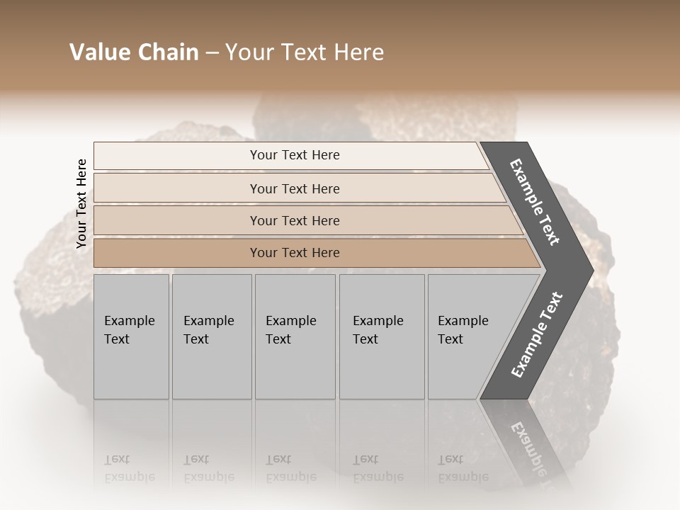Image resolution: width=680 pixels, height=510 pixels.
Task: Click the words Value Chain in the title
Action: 134,52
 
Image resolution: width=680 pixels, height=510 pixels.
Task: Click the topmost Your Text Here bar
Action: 294,155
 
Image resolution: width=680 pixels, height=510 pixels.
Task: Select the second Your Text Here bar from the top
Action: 294,188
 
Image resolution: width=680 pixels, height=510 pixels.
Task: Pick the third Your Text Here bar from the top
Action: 294,220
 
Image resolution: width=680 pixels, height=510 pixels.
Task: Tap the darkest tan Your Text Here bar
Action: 294,253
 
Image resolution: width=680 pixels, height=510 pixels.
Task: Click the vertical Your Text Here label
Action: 81,204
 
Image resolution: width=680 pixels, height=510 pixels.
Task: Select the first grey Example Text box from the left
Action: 131,336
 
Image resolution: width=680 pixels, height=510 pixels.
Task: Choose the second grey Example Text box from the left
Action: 211,336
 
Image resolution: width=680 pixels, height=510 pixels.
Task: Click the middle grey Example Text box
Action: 294,336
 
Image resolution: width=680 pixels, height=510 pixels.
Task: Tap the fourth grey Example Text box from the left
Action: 381,336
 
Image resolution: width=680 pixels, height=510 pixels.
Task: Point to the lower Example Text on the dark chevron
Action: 537,334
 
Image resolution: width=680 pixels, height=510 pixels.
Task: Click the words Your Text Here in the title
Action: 305,52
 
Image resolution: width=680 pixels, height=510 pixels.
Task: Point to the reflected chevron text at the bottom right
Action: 529,446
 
